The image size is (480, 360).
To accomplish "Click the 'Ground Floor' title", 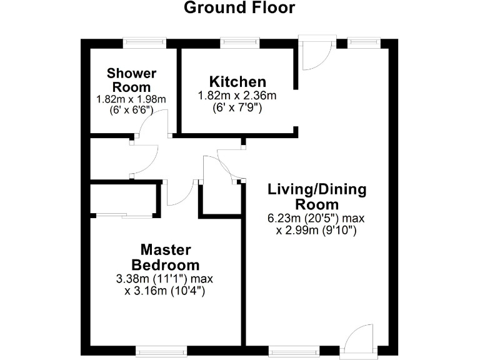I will (x=239, y=9).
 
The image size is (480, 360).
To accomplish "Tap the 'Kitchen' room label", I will (x=237, y=82).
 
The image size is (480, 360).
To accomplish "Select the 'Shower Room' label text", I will (x=131, y=80).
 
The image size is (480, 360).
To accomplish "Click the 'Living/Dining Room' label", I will (x=317, y=196).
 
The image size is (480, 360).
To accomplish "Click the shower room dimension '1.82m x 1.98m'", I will (x=131, y=99).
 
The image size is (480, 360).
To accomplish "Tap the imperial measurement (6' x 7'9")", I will (x=237, y=107).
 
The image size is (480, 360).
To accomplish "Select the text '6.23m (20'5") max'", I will (x=316, y=219).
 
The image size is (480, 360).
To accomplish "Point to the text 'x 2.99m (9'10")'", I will (x=316, y=231).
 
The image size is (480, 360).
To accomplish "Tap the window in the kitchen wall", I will (x=239, y=42).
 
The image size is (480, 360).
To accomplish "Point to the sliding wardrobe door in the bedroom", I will (x=124, y=216).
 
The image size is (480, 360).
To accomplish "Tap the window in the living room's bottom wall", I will (x=293, y=351).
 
